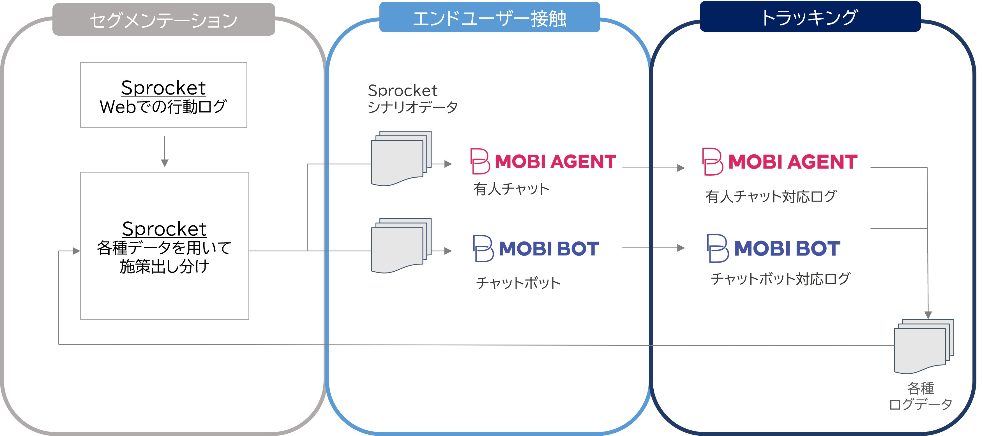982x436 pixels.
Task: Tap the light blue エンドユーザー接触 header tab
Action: pyautogui.click(x=490, y=18)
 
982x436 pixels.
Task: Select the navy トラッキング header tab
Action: pyautogui.click(x=810, y=17)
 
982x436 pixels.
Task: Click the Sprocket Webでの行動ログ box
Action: pyautogui.click(x=163, y=95)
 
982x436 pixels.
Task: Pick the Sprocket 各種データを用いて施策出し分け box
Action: pyautogui.click(x=164, y=246)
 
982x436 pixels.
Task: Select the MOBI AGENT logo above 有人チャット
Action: pyautogui.click(x=543, y=161)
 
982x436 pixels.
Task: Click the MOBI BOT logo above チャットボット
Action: pyautogui.click(x=536, y=249)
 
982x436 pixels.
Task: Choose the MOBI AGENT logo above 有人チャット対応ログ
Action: pyautogui.click(x=780, y=162)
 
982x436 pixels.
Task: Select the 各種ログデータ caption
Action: pyautogui.click(x=920, y=396)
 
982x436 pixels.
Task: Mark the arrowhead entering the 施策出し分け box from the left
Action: pyautogui.click(x=76, y=251)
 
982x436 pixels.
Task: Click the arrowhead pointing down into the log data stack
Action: pyautogui.click(x=928, y=315)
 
